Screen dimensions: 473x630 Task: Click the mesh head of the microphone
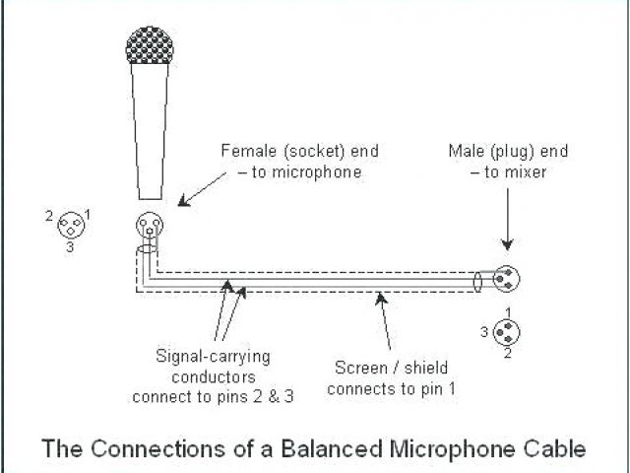point(150,47)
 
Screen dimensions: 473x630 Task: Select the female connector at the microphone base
point(150,226)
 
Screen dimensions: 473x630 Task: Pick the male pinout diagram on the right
point(508,332)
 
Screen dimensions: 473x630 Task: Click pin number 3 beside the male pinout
point(484,332)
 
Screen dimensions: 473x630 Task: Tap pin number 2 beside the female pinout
point(49,214)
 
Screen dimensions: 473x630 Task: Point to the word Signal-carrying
point(213,355)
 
